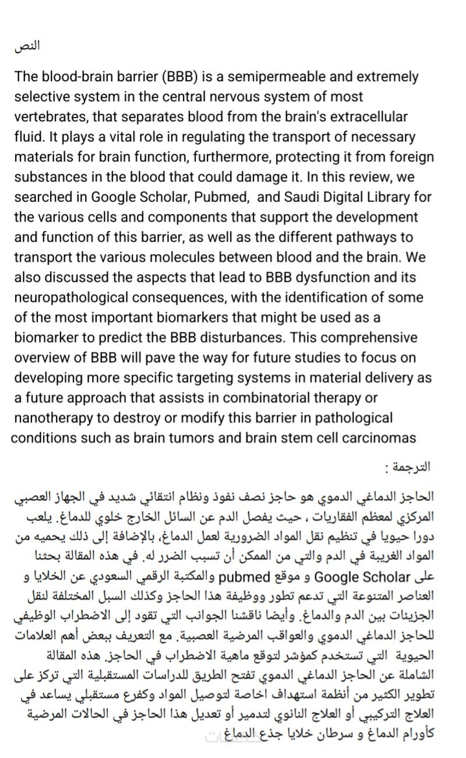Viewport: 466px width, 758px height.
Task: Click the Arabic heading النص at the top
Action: point(27,47)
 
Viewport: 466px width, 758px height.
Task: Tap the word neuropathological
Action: point(75,297)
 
